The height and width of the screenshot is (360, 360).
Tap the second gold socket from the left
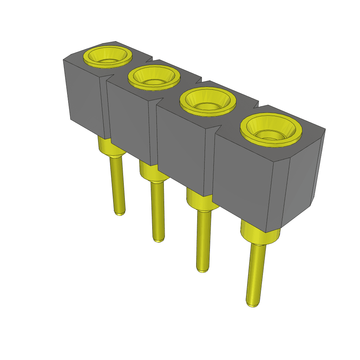[154, 78]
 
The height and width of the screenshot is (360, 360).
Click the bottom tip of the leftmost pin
[120, 213]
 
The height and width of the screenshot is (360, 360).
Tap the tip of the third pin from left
[202, 270]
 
